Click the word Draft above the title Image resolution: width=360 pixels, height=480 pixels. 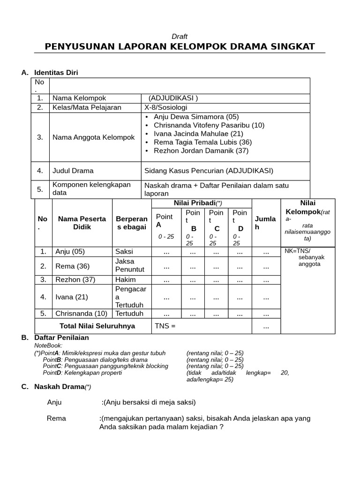click(x=180, y=37)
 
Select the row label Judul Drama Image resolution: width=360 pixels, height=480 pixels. click(x=73, y=171)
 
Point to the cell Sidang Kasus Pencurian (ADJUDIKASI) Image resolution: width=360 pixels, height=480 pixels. click(x=209, y=171)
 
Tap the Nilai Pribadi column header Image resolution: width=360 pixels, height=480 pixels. click(x=201, y=203)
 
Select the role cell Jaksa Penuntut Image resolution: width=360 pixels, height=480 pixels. click(x=130, y=266)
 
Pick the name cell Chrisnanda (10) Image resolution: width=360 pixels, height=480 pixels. click(x=81, y=314)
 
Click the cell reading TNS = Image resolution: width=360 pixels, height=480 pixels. click(x=165, y=326)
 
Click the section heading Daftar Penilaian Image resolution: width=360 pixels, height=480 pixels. click(x=61, y=337)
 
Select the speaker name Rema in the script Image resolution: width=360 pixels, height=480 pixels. click(x=57, y=418)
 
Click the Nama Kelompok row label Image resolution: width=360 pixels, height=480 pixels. click(x=79, y=98)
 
